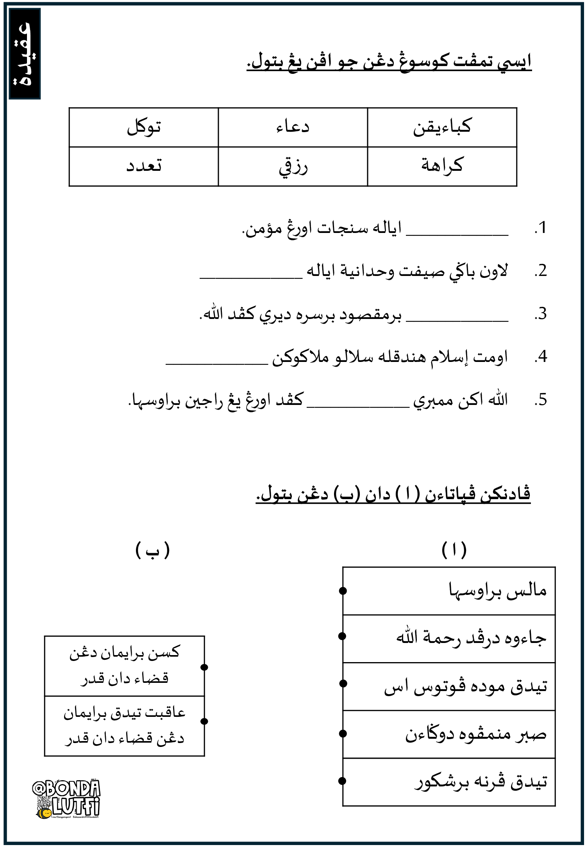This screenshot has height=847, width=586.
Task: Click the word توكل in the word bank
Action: point(144,127)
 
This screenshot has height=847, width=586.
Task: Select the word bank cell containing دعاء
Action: point(293,127)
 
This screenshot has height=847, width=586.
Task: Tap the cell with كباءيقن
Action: point(442,127)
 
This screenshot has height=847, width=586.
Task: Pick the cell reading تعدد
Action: point(144,167)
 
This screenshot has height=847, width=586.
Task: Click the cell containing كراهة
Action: point(442,166)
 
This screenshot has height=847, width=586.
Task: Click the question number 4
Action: point(541,356)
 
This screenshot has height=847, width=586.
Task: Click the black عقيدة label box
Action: point(25,54)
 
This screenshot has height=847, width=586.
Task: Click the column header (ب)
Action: point(152,550)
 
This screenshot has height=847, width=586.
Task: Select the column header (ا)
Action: point(454,550)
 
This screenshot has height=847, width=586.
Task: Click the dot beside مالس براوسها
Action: point(343,591)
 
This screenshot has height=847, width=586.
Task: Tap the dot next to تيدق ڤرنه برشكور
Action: point(343,781)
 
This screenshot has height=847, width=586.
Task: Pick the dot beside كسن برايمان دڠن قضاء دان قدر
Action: point(204,667)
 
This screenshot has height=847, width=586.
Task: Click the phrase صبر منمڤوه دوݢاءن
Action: point(475,734)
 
